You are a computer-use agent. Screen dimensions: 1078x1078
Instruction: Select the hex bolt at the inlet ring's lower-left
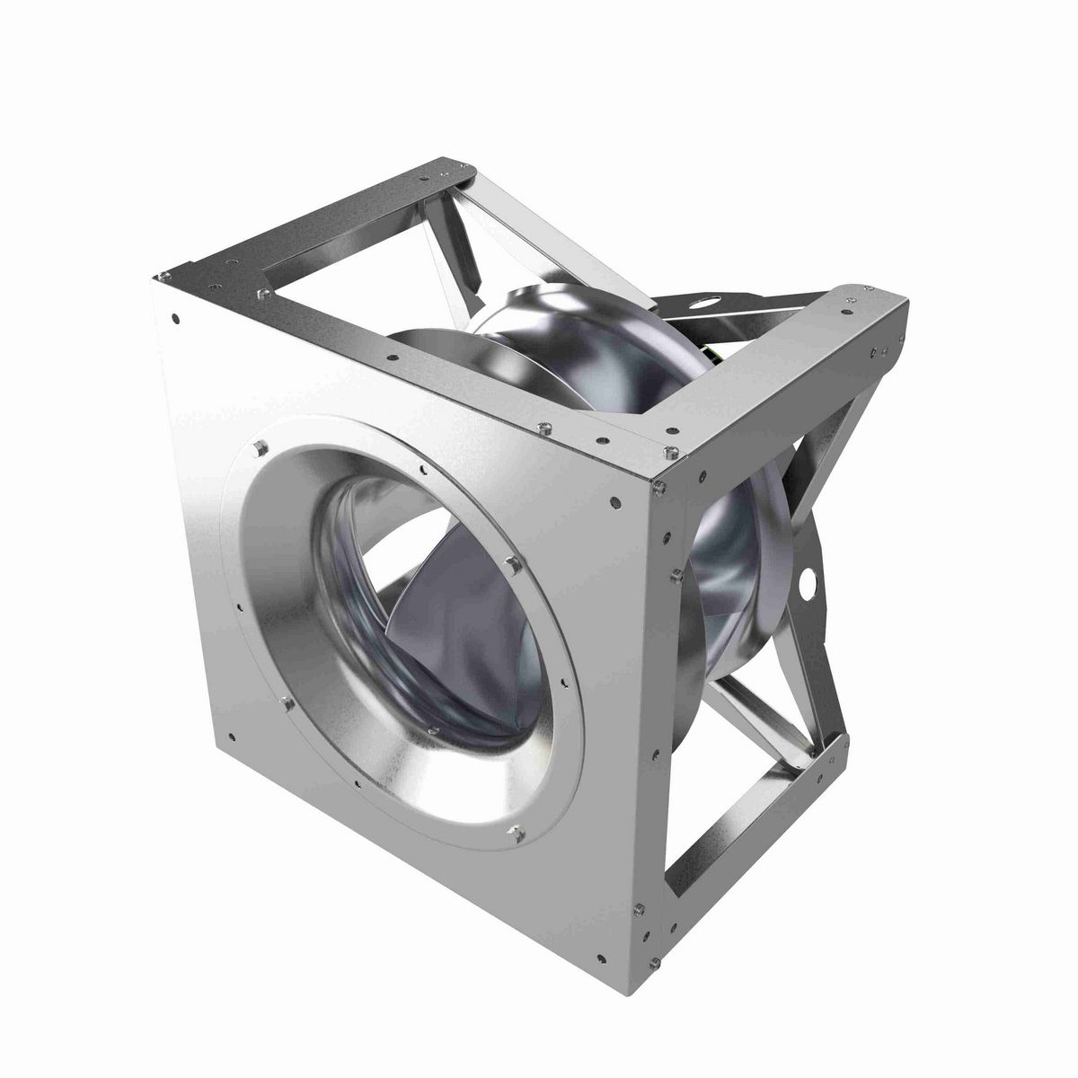[x=286, y=703]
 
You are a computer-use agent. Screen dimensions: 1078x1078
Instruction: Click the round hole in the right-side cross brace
[x=813, y=580]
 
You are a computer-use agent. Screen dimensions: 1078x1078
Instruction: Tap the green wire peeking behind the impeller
[x=711, y=356]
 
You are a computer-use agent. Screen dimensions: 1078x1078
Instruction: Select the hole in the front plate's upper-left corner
[x=176, y=316]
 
